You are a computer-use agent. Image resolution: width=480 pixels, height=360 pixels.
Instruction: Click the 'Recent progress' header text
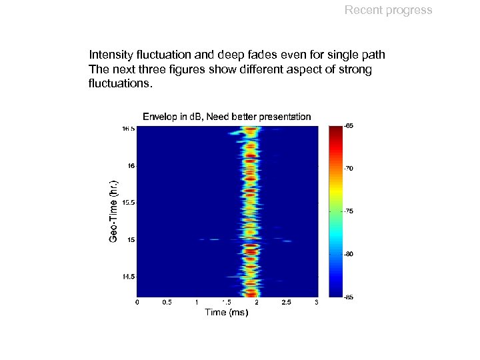[388, 10]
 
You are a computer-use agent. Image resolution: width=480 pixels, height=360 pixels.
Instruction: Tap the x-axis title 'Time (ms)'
[226, 312]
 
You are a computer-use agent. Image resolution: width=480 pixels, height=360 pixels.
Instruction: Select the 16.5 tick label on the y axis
[127, 129]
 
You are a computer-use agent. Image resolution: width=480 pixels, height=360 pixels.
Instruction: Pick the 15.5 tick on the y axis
[127, 202]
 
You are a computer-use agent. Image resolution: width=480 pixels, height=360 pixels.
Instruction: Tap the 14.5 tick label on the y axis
[127, 276]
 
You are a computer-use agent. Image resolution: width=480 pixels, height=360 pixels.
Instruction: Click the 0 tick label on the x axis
[137, 303]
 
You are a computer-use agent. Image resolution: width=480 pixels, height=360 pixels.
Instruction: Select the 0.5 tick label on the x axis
[167, 303]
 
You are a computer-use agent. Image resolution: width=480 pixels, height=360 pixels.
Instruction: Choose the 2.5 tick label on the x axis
[286, 303]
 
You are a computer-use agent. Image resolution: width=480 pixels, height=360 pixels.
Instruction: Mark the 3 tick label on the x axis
[316, 303]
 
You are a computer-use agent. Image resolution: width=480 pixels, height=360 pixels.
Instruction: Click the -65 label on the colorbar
[349, 126]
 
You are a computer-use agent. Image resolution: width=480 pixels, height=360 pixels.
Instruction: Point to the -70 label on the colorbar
[349, 169]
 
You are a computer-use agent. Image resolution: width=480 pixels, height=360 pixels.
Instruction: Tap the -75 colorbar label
[349, 211]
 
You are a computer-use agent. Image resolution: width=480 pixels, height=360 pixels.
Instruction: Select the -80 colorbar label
[349, 254]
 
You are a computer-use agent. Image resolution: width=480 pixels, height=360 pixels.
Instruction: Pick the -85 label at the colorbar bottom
[349, 297]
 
